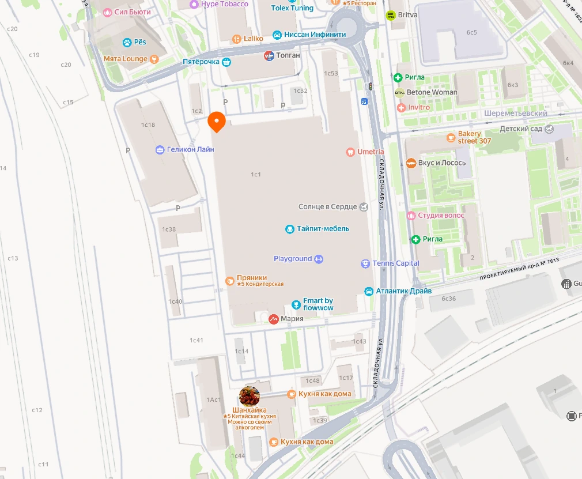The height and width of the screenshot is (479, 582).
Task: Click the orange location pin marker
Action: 216,122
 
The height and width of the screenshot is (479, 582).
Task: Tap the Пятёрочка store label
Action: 201,61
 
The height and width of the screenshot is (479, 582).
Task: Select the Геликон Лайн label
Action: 190,150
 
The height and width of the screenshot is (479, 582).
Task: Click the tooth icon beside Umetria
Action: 350,152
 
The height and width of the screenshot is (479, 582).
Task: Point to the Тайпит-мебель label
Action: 323,229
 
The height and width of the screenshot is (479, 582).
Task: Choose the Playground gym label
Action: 293,259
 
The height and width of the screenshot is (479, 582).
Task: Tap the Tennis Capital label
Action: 396,263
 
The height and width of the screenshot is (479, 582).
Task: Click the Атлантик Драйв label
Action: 403,291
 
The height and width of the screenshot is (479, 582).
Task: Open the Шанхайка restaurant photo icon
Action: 250,397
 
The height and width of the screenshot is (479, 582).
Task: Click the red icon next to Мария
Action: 274,319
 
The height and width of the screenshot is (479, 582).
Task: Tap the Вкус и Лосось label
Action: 442,163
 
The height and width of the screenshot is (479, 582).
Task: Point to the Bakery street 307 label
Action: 474,137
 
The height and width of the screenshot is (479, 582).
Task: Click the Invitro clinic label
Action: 419,107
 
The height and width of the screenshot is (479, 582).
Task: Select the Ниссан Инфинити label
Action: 315,35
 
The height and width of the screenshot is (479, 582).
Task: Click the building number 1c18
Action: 148,125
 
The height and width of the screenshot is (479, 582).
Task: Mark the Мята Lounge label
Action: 126,59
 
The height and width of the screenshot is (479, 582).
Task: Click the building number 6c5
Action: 471,32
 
